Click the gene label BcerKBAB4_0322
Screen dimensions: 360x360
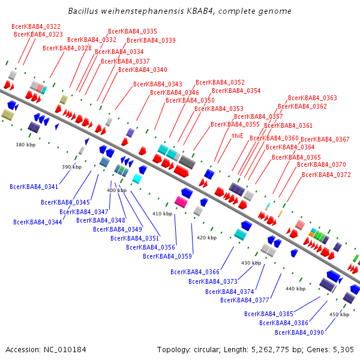tap(36, 26)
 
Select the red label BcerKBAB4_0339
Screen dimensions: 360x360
tap(151, 41)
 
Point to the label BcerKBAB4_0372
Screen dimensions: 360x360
tap(326, 175)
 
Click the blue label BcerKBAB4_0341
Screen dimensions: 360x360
tap(34, 187)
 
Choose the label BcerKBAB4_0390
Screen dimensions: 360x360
tap(299, 332)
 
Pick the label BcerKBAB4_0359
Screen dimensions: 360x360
tap(167, 256)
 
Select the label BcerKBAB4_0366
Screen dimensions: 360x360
tap(195, 272)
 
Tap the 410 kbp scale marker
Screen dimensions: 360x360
tap(162, 214)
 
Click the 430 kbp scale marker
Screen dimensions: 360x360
tap(251, 263)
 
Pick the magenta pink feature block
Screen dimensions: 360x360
tap(181, 201)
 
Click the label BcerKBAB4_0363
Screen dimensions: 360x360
tap(313, 98)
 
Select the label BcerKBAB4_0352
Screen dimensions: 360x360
tap(220, 82)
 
